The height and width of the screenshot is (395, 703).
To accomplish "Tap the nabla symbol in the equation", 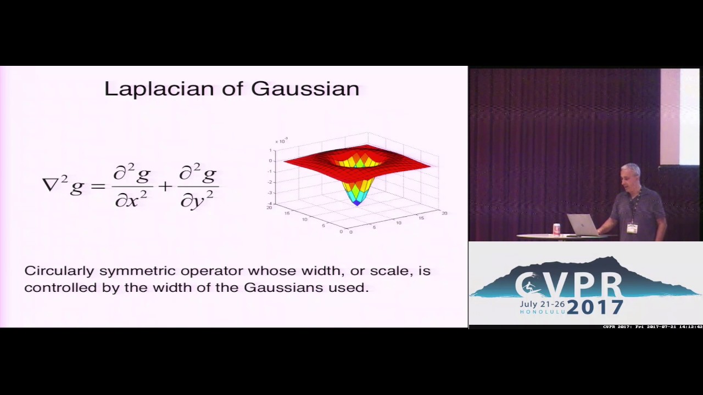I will (x=51, y=184).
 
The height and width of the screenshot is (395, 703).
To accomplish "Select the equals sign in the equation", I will (x=98, y=187).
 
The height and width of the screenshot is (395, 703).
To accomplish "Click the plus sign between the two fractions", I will (x=165, y=187).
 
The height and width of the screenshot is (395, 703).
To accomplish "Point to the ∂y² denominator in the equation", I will (x=198, y=201).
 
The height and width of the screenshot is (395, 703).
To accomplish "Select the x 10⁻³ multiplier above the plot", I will (x=281, y=141).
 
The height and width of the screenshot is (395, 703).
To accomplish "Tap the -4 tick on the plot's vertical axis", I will (x=270, y=204).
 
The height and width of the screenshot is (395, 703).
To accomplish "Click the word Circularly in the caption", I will (x=59, y=271).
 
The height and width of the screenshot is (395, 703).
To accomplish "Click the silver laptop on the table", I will (x=582, y=225).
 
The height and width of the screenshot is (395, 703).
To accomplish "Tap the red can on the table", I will (x=557, y=229).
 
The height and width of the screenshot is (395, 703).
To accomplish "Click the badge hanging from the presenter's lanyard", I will (x=632, y=228).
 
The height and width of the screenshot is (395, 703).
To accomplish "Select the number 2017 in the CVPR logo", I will (x=595, y=307).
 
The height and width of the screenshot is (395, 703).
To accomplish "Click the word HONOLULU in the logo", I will (x=542, y=312).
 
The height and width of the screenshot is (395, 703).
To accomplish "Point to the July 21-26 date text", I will (x=542, y=303).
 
